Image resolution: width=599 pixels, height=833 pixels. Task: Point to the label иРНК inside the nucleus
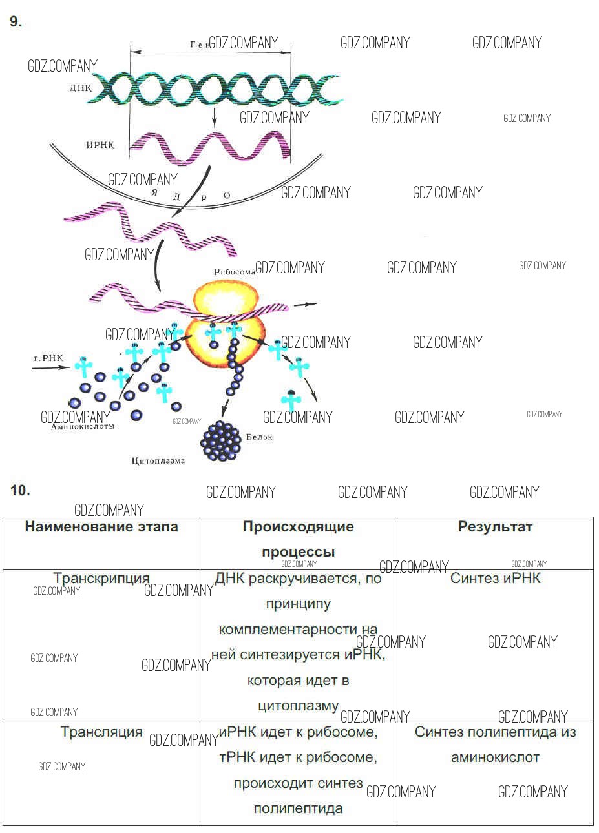tap(100, 145)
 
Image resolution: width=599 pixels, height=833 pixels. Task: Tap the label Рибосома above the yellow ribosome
tap(234, 272)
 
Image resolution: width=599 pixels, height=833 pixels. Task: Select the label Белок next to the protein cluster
tap(259, 437)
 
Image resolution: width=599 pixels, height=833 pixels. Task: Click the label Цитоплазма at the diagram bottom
tap(158, 461)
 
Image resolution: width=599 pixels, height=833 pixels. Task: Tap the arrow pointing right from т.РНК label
tap(52, 367)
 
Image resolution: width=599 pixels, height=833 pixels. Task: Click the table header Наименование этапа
tap(101, 526)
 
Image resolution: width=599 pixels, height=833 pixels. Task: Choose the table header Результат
tap(495, 526)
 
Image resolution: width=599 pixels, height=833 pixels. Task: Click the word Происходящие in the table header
tap(298, 526)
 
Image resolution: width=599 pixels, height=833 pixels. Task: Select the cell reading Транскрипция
tap(101, 578)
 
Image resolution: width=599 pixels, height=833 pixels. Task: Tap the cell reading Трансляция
tap(101, 732)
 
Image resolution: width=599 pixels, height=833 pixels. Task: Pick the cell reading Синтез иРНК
tap(495, 578)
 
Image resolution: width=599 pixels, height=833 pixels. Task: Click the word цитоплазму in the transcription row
tap(298, 706)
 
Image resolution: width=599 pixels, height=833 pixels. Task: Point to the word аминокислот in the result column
tap(495, 757)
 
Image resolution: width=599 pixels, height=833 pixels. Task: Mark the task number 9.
tap(16, 22)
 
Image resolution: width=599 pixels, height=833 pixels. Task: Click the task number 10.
tap(20, 490)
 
